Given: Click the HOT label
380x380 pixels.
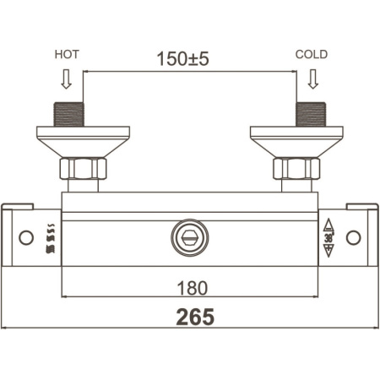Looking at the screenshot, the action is (67, 54).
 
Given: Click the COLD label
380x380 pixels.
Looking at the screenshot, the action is (312, 54).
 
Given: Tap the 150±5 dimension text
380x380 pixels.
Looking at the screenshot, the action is (182, 58).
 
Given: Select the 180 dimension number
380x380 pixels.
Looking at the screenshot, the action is (193, 288).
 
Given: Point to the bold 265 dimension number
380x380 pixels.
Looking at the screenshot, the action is (195, 317).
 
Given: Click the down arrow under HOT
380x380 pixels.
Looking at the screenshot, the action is (67, 79).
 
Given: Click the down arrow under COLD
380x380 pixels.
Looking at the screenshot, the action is (313, 79).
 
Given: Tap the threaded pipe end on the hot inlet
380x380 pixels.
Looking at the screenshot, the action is (68, 114).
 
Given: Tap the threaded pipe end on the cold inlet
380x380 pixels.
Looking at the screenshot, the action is (311, 114).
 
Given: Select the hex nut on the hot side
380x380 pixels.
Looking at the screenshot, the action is (83, 169).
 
